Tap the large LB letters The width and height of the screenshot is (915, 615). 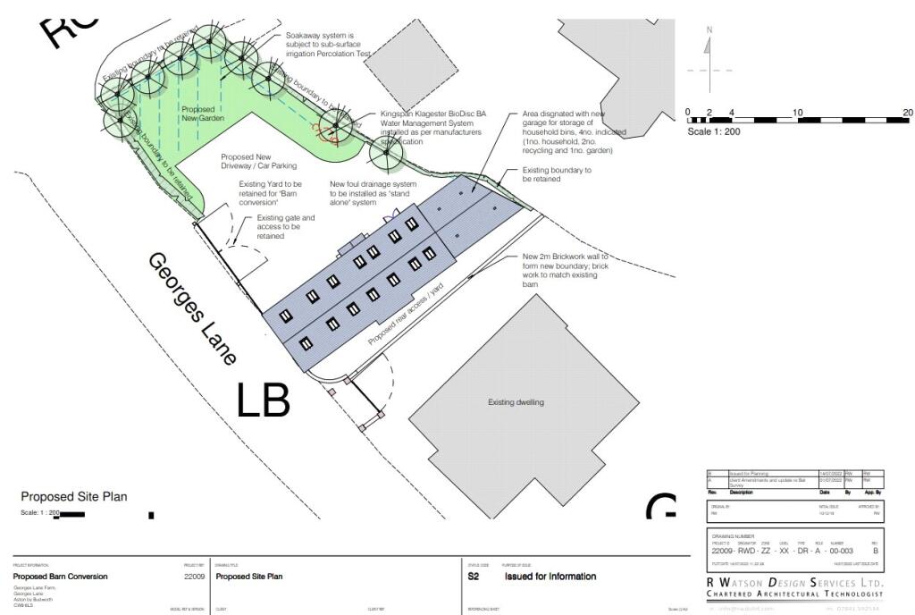pyautogui.click(x=264, y=400)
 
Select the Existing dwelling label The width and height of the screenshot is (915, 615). pyautogui.click(x=516, y=402)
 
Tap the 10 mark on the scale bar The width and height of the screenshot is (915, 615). pyautogui.click(x=798, y=113)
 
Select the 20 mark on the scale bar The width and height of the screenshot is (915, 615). pyautogui.click(x=907, y=113)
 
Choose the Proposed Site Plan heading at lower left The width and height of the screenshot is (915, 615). pyautogui.click(x=74, y=497)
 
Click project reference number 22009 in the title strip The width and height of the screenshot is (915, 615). pyautogui.click(x=194, y=577)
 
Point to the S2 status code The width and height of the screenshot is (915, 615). pyautogui.click(x=474, y=577)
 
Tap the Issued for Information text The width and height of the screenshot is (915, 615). pyautogui.click(x=550, y=577)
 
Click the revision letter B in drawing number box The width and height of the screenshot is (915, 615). pyautogui.click(x=876, y=551)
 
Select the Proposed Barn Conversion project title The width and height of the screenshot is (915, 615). pyautogui.click(x=60, y=577)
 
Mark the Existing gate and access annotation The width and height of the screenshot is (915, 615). pyautogui.click(x=286, y=227)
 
